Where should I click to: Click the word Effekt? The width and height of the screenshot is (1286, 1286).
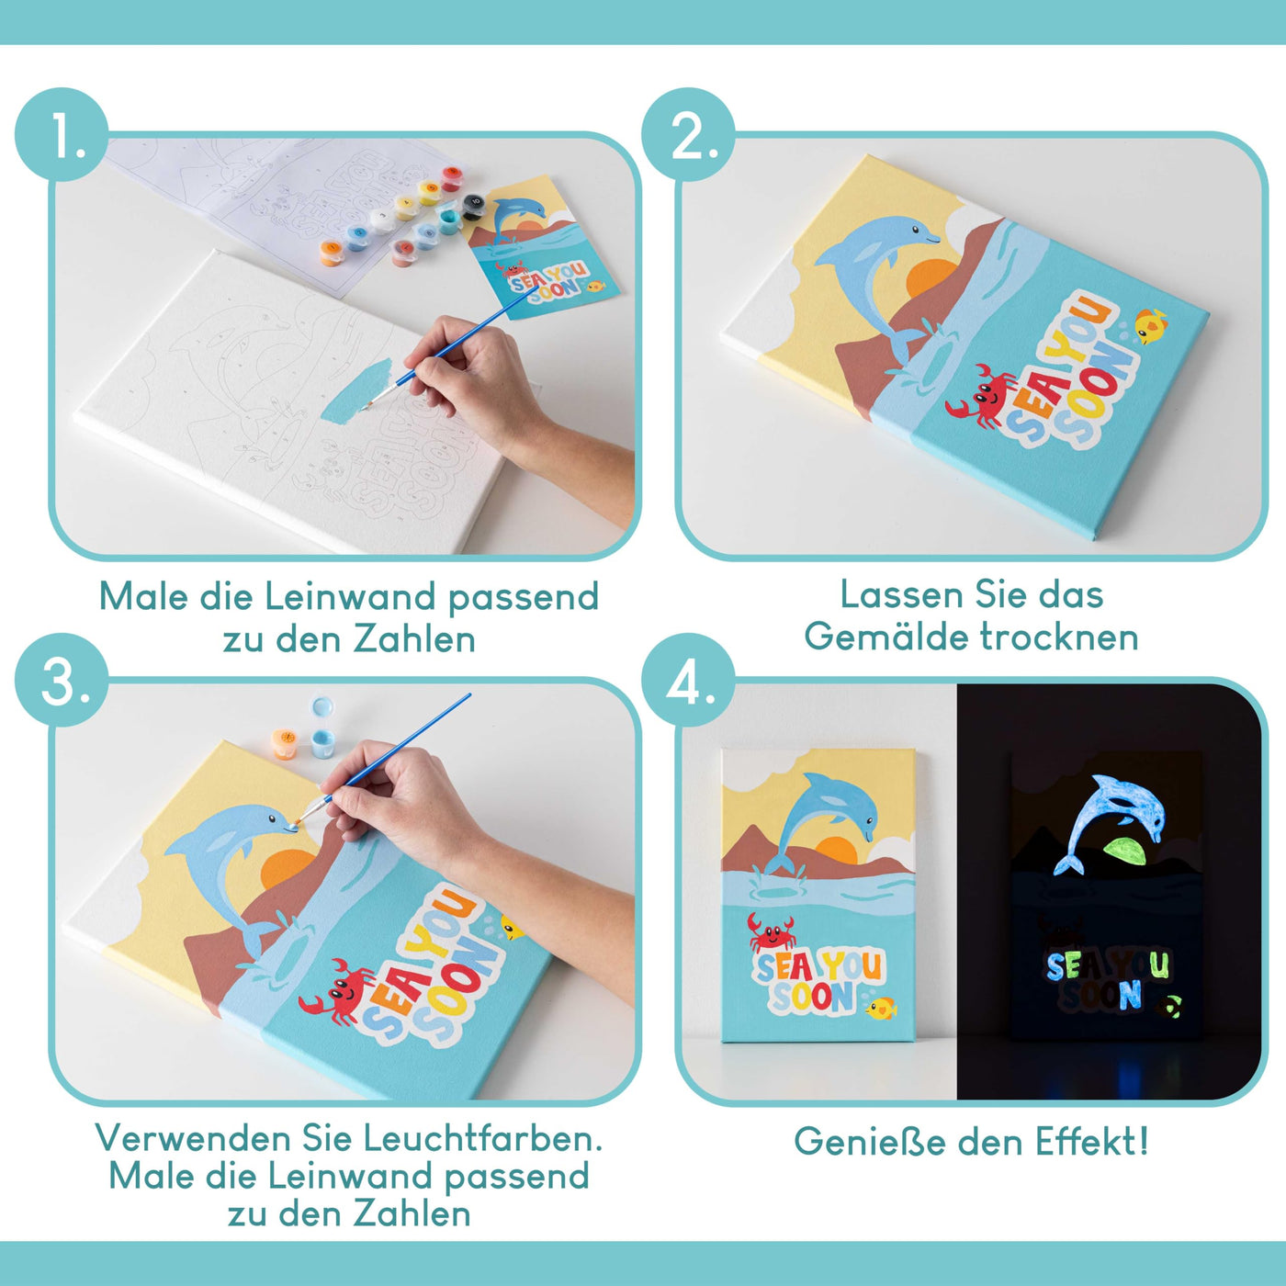click(x=1092, y=1142)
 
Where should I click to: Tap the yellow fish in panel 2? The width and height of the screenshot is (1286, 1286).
click(x=1150, y=325)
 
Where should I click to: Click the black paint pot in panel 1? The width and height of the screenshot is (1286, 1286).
click(x=473, y=204)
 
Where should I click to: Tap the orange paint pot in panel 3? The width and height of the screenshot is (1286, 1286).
click(x=285, y=741)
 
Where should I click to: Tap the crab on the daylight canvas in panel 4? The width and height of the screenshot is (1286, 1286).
click(x=770, y=932)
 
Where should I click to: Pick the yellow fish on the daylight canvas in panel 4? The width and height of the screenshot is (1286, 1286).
click(x=881, y=1009)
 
